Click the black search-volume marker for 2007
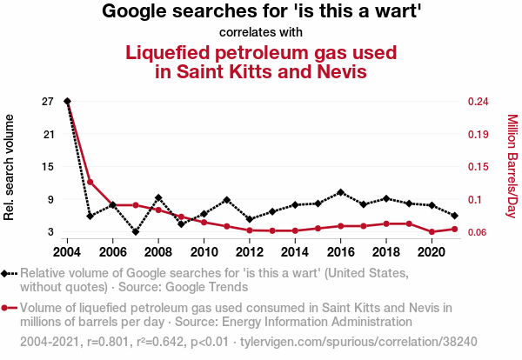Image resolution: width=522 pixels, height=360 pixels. (136, 231)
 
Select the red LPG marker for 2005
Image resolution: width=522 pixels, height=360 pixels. (90, 182)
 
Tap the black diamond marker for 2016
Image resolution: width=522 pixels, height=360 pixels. (341, 192)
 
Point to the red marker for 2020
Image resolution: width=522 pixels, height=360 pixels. (432, 232)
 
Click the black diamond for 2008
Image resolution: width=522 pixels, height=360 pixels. (158, 198)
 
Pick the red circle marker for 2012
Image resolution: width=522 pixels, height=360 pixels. (250, 230)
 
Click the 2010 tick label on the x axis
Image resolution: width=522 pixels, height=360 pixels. (204, 251)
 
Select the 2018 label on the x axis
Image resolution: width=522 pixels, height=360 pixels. (386, 251)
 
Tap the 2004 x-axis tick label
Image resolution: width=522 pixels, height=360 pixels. (68, 251)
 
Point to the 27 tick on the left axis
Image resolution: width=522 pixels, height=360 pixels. (48, 102)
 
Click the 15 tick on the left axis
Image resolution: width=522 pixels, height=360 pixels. (48, 167)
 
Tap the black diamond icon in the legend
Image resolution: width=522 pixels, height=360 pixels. (10, 273)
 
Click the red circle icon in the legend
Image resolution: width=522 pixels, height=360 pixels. (10, 307)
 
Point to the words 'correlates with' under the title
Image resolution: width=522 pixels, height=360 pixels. (261, 32)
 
